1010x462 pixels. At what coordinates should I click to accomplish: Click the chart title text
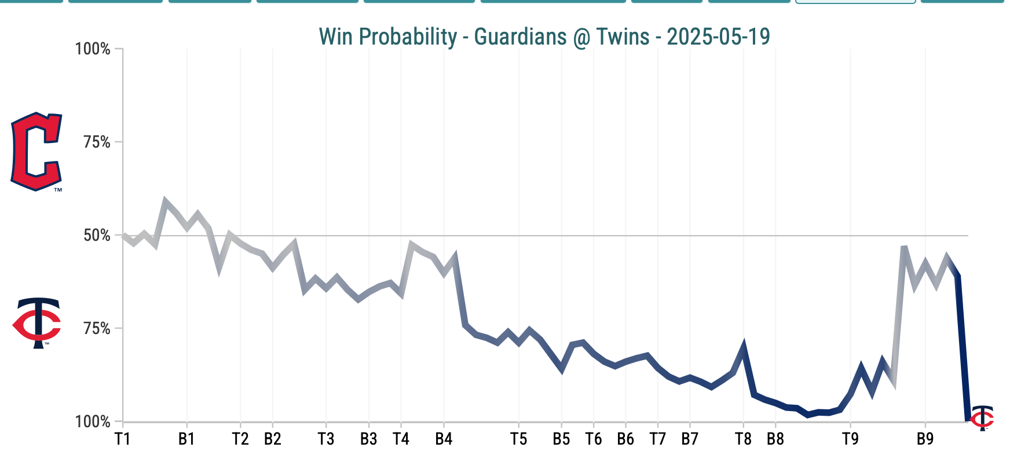[x=544, y=37]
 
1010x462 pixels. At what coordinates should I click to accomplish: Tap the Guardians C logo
[x=36, y=152]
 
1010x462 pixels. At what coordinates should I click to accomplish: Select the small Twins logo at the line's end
[x=982, y=418]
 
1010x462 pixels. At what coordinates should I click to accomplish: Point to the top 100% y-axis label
[x=93, y=49]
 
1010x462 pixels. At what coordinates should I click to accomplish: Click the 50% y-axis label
[x=97, y=235]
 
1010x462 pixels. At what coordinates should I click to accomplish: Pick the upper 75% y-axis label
[x=97, y=142]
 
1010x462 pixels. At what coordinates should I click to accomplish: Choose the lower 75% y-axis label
[x=97, y=328]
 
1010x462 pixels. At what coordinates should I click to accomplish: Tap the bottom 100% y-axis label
[x=93, y=421]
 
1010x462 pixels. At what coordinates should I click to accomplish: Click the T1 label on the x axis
[x=122, y=439]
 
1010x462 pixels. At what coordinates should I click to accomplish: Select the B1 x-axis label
[x=186, y=439]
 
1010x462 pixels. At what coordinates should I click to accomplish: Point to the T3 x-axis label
[x=326, y=439]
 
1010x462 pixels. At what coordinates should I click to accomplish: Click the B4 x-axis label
[x=444, y=439]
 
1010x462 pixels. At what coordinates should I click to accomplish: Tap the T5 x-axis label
[x=518, y=439]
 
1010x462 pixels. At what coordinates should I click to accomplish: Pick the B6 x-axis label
[x=625, y=439]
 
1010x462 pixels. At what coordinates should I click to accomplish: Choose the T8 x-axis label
[x=743, y=439]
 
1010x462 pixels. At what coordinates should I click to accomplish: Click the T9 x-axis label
[x=850, y=439]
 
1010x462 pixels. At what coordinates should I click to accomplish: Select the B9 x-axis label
[x=925, y=439]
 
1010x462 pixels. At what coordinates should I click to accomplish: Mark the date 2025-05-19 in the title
[x=718, y=37]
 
